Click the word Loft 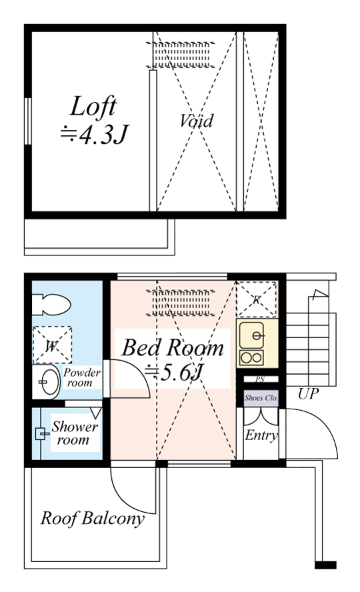click(93, 107)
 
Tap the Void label click(196, 121)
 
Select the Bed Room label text click(173, 348)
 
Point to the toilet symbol click(51, 304)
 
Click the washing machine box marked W click(52, 345)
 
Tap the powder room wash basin click(46, 382)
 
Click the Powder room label click(81, 377)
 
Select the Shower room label click(75, 433)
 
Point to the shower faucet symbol click(41, 434)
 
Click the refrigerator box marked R click(257, 299)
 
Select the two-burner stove click(252, 357)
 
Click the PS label click(260, 380)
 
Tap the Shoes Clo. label click(261, 397)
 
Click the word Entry click(261, 435)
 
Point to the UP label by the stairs click(308, 394)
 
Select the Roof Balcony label click(93, 519)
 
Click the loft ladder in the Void click(181, 55)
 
